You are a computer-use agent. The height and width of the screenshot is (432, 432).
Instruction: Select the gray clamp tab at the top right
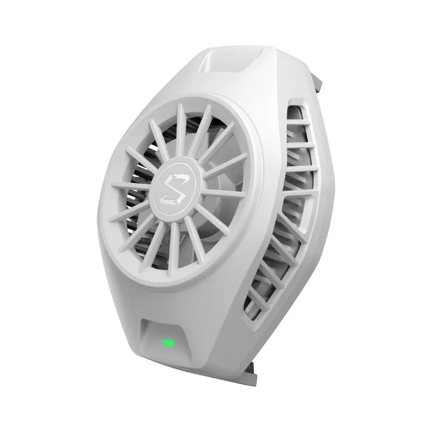click(x=319, y=82)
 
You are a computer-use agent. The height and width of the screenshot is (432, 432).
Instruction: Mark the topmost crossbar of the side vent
click(x=298, y=122)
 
